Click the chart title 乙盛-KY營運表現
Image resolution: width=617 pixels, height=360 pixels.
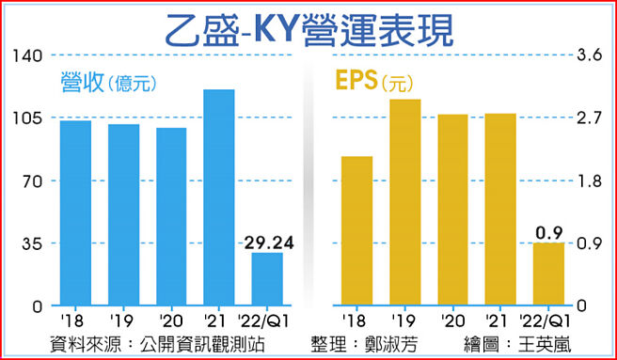tap(308, 28)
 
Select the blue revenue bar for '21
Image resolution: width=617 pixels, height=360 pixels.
tap(218, 197)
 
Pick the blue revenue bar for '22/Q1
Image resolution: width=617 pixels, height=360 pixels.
tap(267, 279)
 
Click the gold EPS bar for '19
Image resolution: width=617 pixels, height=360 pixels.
tap(404, 202)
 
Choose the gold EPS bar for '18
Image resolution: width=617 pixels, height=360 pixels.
tap(356, 231)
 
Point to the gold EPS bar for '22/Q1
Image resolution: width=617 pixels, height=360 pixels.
tap(548, 274)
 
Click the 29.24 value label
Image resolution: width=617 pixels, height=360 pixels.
tap(269, 243)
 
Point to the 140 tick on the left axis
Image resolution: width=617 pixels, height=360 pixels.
tap(30, 55)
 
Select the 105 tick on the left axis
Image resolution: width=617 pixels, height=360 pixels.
tap(30, 117)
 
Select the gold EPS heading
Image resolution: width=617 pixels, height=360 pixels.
tap(355, 81)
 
